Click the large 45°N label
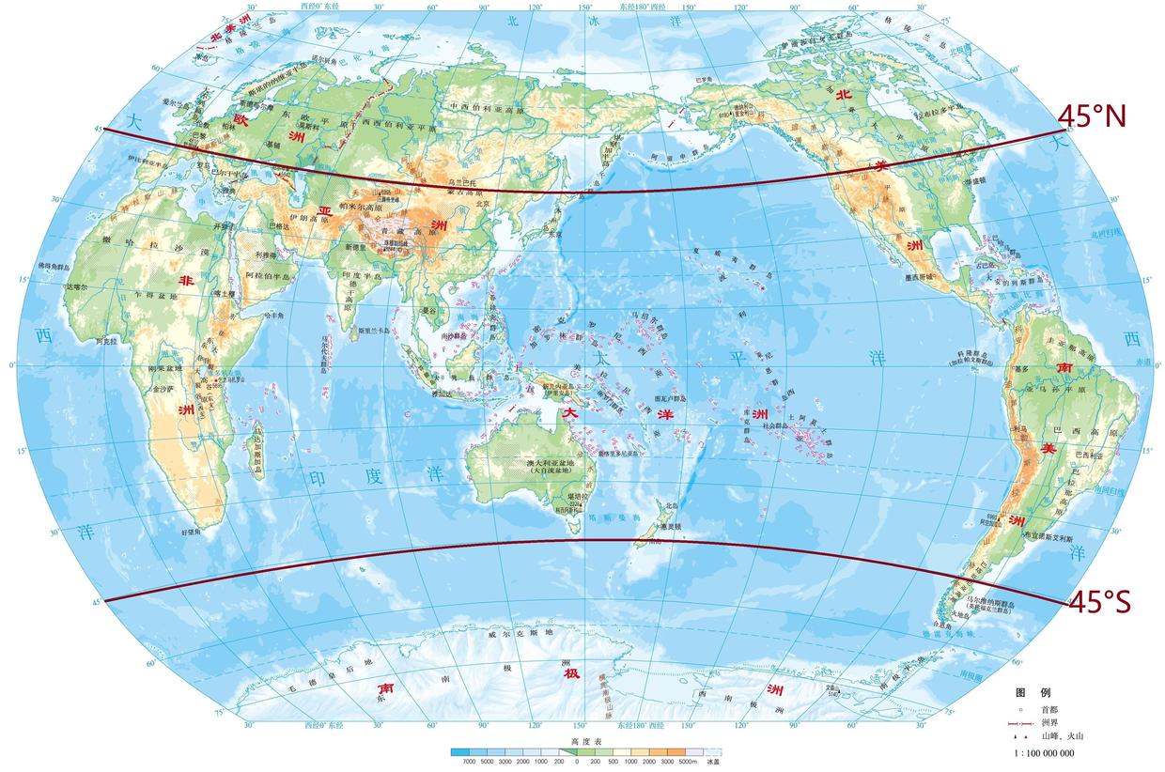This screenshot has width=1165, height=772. tap(1092, 116)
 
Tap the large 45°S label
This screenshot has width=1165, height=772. tap(1098, 601)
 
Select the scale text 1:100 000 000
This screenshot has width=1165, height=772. tap(1044, 753)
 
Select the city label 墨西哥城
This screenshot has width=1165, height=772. tap(920, 278)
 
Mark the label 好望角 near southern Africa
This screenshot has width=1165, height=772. tap(192, 532)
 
